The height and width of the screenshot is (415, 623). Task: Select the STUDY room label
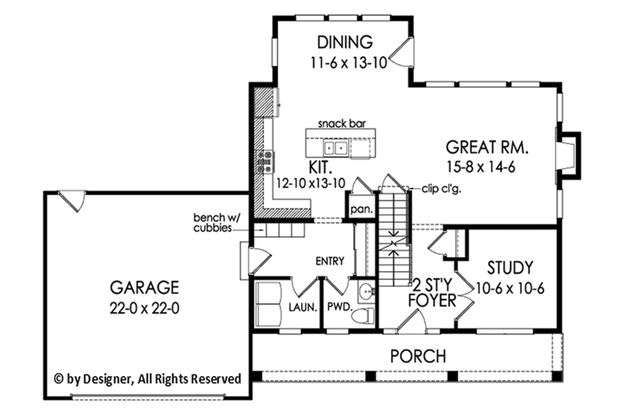pos(507,267)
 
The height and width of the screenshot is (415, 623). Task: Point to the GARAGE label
pos(144,286)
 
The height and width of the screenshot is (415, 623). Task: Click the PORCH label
pos(418,357)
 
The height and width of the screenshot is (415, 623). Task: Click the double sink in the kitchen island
pos(336,146)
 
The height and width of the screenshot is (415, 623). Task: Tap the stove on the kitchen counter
pos(265,161)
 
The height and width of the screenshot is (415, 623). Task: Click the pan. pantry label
pos(361,209)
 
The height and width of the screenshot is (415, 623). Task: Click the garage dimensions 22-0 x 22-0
pos(144,308)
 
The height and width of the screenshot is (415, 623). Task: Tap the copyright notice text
pos(147,378)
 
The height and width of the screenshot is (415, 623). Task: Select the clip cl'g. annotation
pos(439,187)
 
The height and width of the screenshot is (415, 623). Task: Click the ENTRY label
pos(329,260)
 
